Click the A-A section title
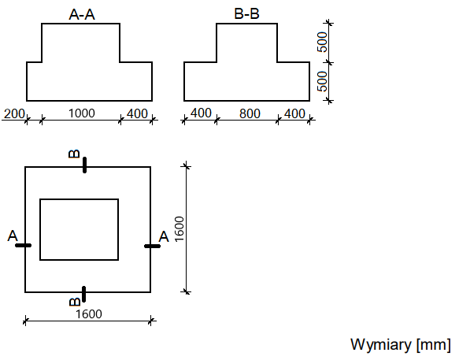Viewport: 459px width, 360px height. tap(82, 14)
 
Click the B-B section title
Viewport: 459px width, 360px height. tap(246, 13)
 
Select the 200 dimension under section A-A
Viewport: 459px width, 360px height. tap(13, 113)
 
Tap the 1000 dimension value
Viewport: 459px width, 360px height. tap(82, 113)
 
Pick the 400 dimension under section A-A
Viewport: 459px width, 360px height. tap(137, 113)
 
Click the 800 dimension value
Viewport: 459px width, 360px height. tap(250, 113)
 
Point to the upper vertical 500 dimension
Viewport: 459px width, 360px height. tap(322, 42)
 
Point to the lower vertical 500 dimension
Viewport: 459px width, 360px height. tap(322, 81)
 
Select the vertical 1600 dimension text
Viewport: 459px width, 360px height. tap(180, 229)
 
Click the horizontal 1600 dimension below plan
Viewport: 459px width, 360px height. tap(89, 314)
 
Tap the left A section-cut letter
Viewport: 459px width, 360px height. tap(13, 236)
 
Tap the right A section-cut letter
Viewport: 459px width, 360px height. tap(164, 236)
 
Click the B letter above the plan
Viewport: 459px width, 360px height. tap(74, 154)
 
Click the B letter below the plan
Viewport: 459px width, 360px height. tap(75, 302)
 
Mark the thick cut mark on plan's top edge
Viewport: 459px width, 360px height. tap(84, 165)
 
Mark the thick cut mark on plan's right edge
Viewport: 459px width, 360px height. tap(152, 246)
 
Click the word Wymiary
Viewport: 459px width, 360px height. tap(380, 345)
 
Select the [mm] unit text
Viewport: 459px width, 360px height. tap(434, 345)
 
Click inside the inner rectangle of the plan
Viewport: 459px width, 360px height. tap(79, 229)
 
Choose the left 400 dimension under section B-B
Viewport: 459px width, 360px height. tap(201, 113)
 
